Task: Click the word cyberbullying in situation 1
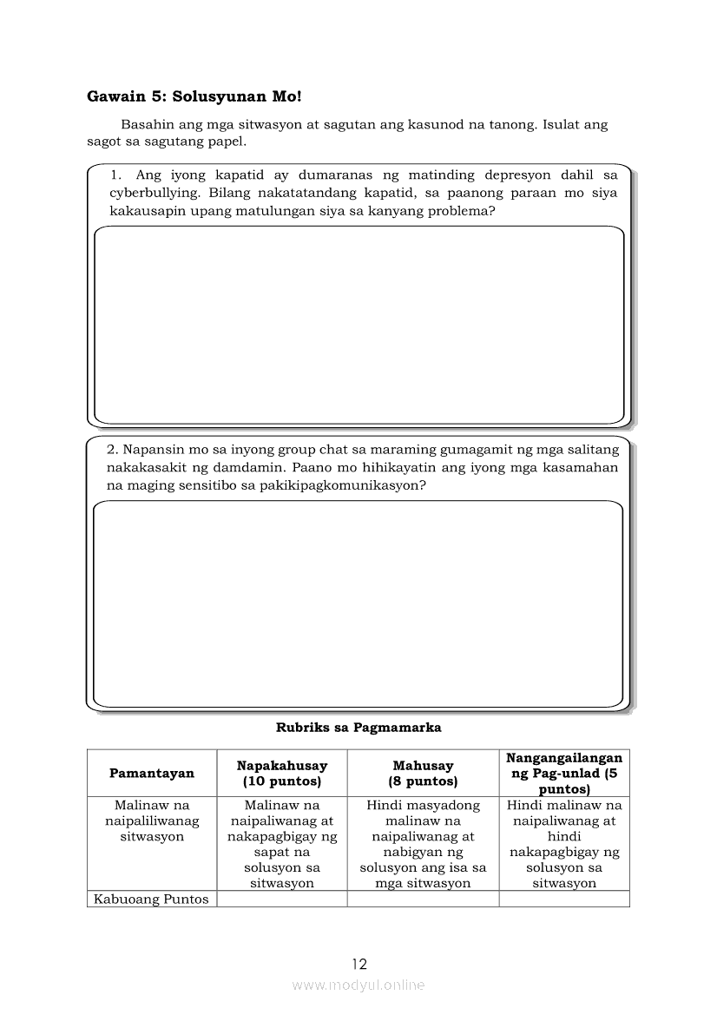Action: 155,193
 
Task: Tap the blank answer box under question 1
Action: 358,325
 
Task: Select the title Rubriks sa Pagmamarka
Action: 358,728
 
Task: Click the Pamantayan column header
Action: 152,773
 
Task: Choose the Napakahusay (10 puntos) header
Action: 281,773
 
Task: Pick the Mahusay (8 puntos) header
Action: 423,773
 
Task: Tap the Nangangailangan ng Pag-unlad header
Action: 564,773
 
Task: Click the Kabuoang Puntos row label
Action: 151,899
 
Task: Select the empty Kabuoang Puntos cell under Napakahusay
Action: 281,899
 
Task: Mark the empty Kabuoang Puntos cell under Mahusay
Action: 423,899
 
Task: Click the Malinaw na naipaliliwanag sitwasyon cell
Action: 152,821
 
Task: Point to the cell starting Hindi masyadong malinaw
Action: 423,844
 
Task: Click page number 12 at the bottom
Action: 359,964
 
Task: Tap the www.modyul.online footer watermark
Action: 358,985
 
